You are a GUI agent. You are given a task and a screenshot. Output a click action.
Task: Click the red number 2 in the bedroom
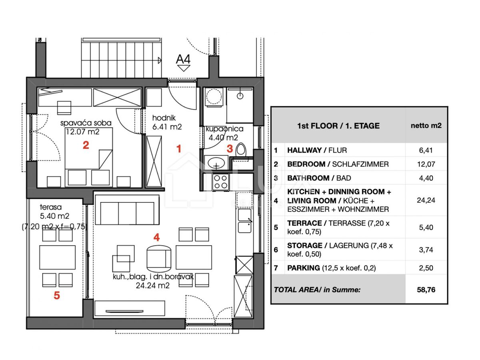86,145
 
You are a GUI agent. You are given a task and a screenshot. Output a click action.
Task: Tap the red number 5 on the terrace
57,296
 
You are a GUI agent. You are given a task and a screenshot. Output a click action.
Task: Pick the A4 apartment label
183,60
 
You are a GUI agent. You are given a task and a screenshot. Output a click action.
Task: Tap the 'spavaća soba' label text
86,123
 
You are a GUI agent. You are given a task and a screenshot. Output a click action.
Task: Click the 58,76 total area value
426,289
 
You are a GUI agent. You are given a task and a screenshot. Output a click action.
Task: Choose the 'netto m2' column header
426,125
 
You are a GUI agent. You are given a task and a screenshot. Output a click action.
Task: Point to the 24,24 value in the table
426,200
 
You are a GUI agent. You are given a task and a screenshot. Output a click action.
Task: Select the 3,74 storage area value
426,249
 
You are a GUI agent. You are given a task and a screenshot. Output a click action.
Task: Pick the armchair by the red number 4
159,257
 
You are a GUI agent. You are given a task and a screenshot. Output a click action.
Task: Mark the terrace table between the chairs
57,257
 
